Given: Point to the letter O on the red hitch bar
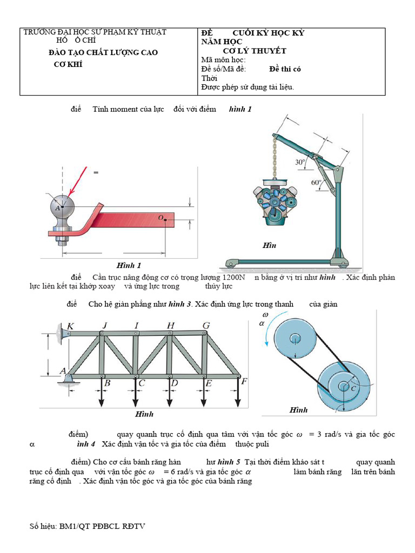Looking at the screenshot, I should tap(160, 218).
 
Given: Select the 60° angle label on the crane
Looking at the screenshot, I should tap(317, 183).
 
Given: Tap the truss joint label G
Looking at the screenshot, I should tap(206, 325).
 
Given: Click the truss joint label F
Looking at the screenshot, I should tap(244, 382).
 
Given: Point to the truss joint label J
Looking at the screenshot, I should tap(105, 325).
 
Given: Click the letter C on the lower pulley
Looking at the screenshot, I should tap(353, 388).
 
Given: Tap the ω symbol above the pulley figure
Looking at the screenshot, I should tap(265, 314).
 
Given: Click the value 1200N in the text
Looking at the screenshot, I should tap(227, 277).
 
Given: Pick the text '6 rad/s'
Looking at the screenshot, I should tap(170, 471).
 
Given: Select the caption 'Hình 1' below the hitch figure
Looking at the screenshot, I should tap(129, 265).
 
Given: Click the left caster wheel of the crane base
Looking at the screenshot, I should tap(231, 265).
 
